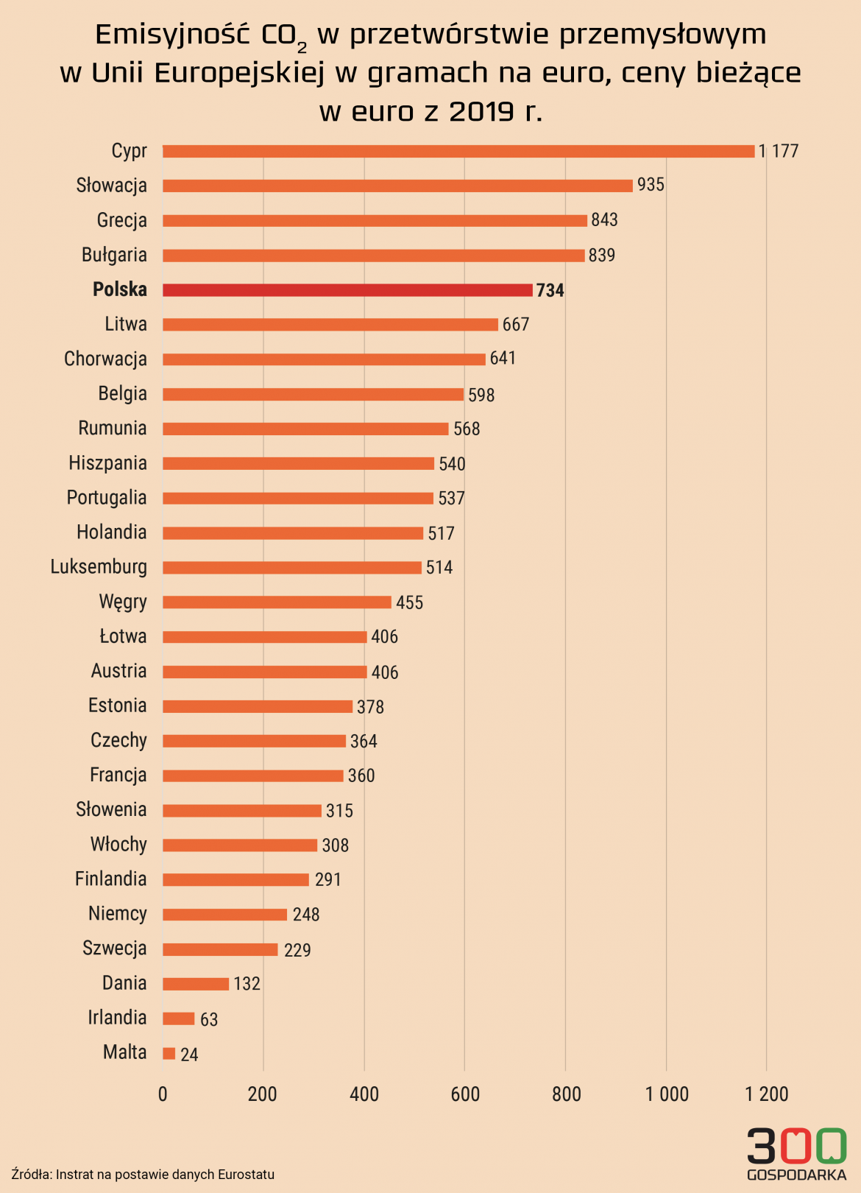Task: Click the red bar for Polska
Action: click(347, 290)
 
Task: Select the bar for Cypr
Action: click(458, 152)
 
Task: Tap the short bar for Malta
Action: click(169, 1054)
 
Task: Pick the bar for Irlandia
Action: click(179, 1018)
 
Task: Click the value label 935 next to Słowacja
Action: click(651, 185)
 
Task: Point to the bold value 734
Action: click(550, 290)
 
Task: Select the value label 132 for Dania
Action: click(247, 984)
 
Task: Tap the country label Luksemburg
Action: click(99, 567)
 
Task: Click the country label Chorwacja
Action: click(105, 359)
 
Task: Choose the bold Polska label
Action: click(120, 289)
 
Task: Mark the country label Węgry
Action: click(123, 602)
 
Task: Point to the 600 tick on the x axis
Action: click(465, 1094)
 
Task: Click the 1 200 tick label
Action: click(767, 1094)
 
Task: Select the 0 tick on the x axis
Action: click(163, 1094)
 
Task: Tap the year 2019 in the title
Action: click(481, 111)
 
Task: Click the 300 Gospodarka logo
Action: click(796, 1153)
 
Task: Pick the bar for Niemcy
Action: click(224, 915)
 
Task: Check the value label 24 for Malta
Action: click(189, 1055)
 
